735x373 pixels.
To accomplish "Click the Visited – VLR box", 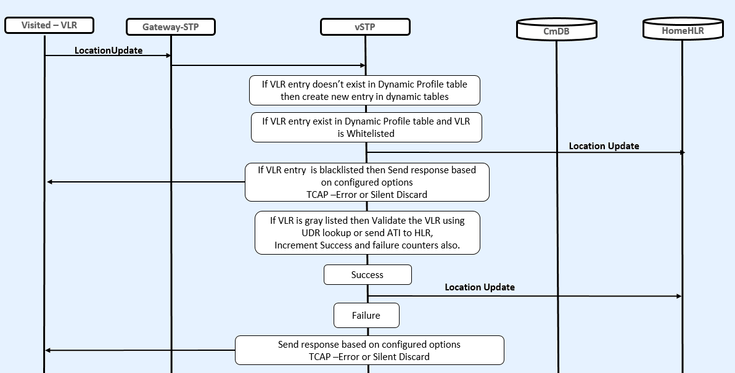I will (49, 25).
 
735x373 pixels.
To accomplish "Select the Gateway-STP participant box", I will (170, 27).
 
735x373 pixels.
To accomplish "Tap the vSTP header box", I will (365, 27).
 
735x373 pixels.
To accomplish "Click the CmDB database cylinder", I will (556, 29).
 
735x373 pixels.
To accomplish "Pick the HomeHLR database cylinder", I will (682, 28).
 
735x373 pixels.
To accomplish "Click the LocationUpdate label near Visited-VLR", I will (109, 51).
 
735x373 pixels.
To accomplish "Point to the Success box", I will (367, 275).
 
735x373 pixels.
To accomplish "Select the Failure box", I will (366, 316).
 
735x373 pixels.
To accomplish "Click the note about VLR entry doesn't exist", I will (364, 90).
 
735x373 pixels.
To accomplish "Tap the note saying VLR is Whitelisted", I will (366, 127).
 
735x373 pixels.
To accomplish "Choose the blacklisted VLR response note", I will (367, 182).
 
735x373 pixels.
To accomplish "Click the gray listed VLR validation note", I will (367, 232).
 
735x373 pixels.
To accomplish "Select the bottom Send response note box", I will (369, 350).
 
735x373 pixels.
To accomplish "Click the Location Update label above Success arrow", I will (480, 287).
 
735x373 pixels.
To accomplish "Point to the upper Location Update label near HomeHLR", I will (604, 146).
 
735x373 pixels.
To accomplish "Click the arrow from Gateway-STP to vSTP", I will (268, 65).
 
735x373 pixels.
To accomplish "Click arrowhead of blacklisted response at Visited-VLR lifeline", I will (50, 182).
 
